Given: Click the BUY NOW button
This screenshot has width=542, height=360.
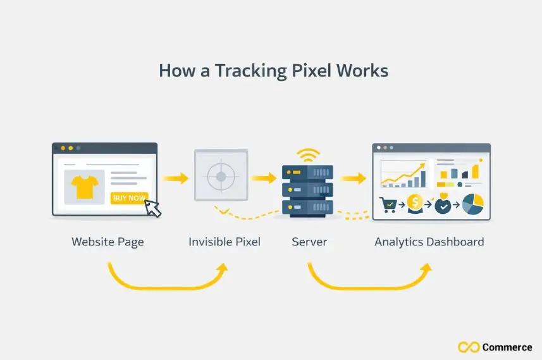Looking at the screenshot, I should click(x=129, y=198).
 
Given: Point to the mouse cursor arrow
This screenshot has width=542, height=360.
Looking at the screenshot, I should click(x=154, y=207).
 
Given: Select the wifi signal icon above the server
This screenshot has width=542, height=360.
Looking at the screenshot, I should click(x=308, y=156).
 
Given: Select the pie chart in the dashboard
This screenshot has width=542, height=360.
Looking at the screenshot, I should click(x=473, y=204).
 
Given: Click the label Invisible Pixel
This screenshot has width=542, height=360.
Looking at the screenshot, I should click(x=224, y=242).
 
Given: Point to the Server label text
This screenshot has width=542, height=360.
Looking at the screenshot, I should click(x=309, y=242).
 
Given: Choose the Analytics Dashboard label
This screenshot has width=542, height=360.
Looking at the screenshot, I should click(x=429, y=242).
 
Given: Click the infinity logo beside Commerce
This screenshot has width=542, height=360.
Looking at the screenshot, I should click(x=468, y=347).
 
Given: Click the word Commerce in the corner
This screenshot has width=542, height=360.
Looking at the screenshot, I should click(x=507, y=347).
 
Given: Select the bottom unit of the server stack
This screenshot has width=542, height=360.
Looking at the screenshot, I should click(x=308, y=207).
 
